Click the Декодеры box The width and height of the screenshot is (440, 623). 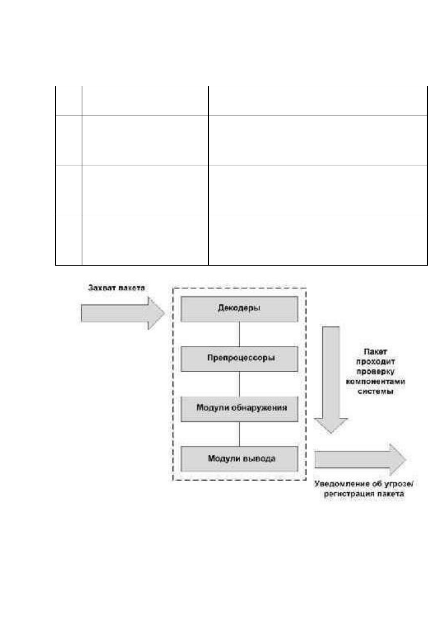point(239,309)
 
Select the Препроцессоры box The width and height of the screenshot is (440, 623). point(239,359)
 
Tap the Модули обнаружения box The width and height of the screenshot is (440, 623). point(239,409)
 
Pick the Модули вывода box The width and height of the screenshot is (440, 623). point(239,459)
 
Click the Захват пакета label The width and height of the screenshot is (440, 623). point(116,288)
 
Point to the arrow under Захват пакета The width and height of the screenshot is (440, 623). point(123,313)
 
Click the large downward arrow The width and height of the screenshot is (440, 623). point(331,380)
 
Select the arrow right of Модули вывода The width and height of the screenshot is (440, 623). point(361,459)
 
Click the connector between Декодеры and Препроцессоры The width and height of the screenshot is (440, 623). point(239,334)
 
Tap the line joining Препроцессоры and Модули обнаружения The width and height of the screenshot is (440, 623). point(239,384)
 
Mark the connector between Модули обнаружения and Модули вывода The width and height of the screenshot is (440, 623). point(239,434)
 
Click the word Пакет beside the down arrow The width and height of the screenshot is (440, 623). point(375,352)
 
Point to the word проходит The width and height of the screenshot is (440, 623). point(375,362)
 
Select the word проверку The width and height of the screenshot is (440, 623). point(375,372)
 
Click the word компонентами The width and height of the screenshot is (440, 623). point(375,381)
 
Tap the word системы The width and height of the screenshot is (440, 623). point(375,391)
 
